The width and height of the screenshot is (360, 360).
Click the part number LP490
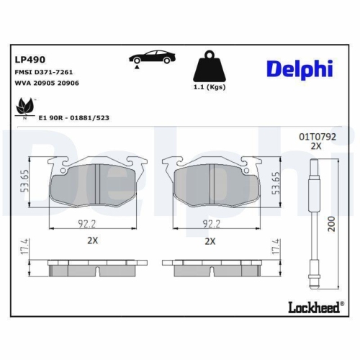pyautogui.click(x=27, y=60)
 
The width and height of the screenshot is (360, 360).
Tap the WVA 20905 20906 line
pyautogui.click(x=47, y=83)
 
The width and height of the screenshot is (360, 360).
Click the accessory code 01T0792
pyautogui.click(x=317, y=135)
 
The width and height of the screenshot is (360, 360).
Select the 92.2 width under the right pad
pyautogui.click(x=210, y=223)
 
